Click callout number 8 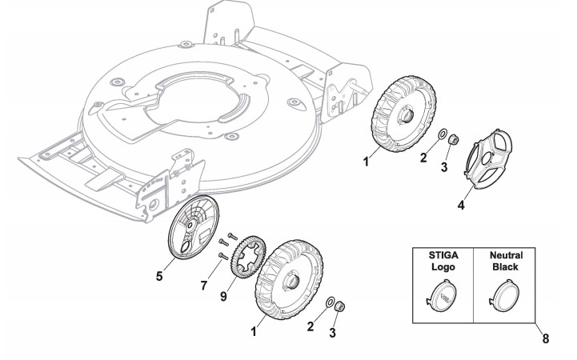tap(545, 338)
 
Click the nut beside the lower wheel tap(339, 306)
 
